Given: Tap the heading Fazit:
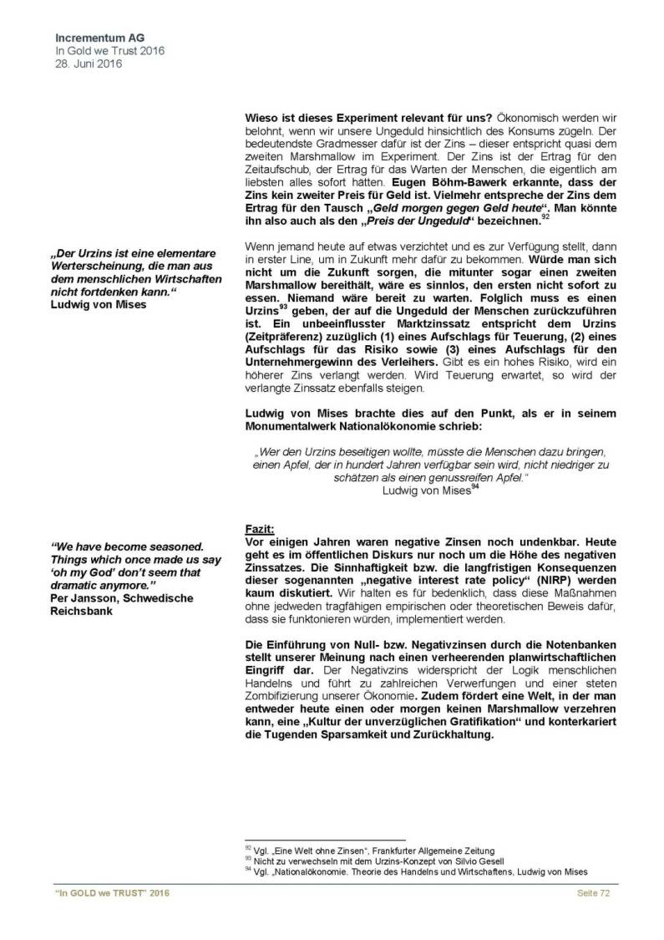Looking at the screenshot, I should [x=260, y=529].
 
